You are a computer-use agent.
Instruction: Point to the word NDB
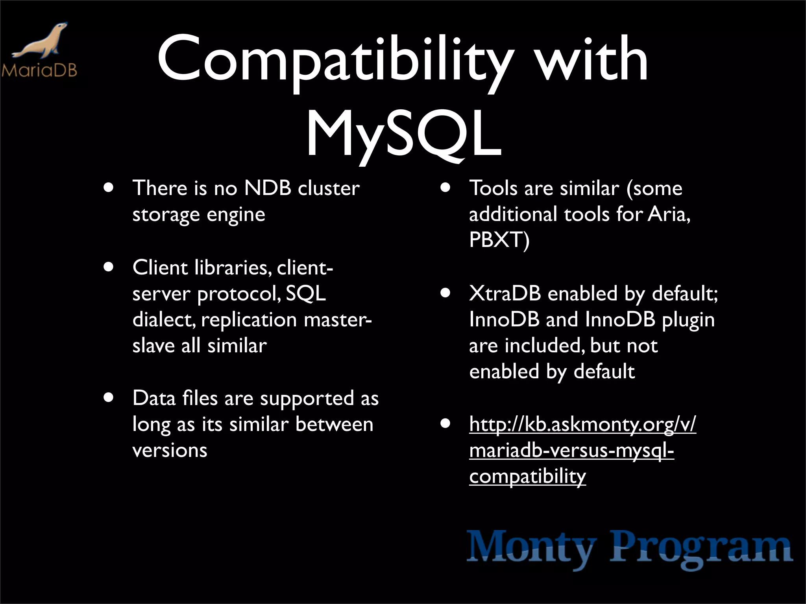(268, 188)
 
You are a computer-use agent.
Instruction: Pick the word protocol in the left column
(238, 294)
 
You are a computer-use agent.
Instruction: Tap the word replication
(249, 320)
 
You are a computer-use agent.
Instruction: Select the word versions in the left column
(170, 450)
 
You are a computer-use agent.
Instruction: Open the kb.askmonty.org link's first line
(582, 425)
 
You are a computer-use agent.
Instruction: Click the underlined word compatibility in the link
(527, 477)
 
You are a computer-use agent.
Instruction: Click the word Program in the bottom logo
(701, 548)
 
